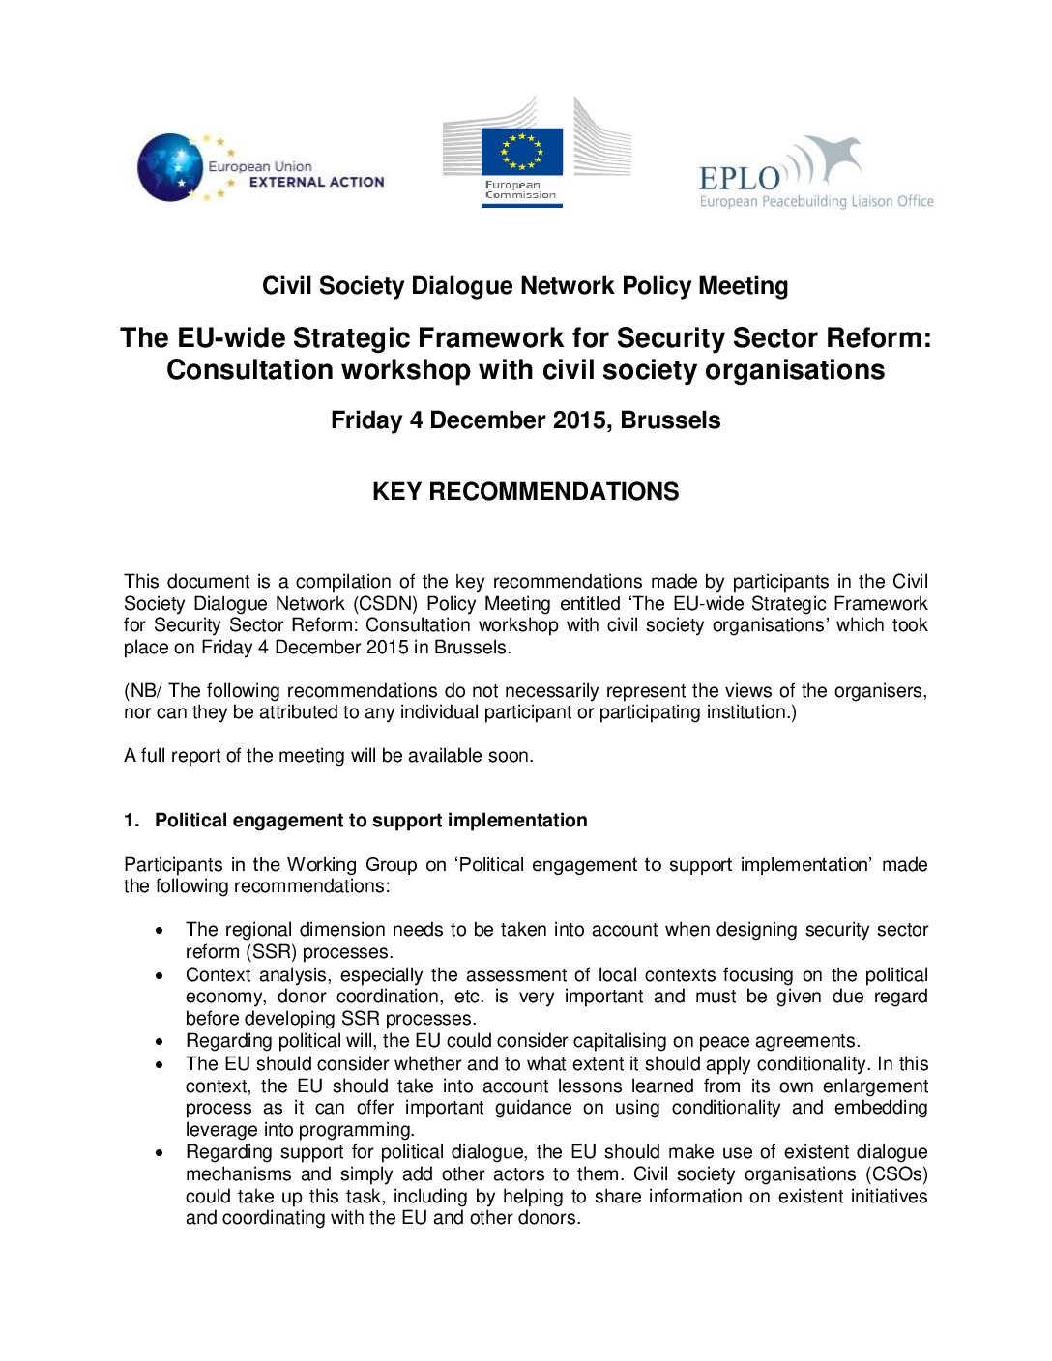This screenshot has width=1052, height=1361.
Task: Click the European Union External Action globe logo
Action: pyautogui.click(x=171, y=167)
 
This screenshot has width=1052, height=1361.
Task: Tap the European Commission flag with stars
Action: pyautogui.click(x=522, y=152)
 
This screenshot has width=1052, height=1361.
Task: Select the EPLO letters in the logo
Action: pyautogui.click(x=740, y=179)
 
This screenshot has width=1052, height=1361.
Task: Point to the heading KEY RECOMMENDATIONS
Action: pyautogui.click(x=525, y=491)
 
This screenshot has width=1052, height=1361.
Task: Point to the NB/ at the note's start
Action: pyautogui.click(x=144, y=691)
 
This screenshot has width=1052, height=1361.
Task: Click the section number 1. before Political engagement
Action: pyautogui.click(x=131, y=821)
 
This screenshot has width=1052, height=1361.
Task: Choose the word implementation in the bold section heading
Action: pyautogui.click(x=512, y=821)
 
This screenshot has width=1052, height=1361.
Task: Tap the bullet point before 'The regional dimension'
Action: pyautogui.click(x=160, y=930)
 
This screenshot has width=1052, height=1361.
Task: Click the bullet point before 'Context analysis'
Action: pyautogui.click(x=160, y=975)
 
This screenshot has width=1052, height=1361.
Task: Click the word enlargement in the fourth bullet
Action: pyautogui.click(x=876, y=1086)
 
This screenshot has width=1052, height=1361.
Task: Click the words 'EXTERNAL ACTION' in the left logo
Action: pyautogui.click(x=316, y=182)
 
